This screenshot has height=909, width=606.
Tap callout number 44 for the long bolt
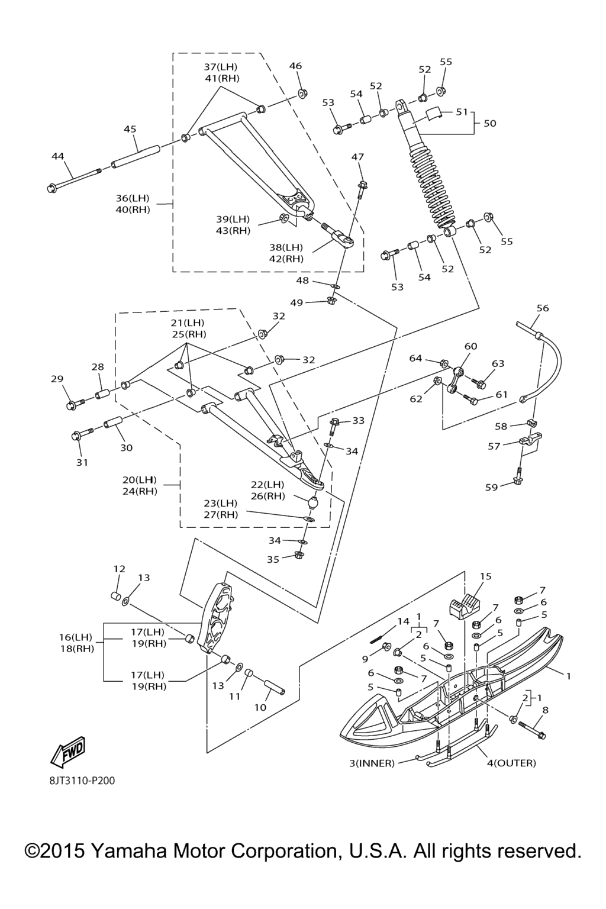click(x=57, y=156)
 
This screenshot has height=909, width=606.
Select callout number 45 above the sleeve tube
click(x=130, y=129)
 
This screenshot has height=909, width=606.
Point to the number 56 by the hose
click(x=542, y=308)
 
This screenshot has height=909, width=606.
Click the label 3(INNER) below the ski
click(x=372, y=763)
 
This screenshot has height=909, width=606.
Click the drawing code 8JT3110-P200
click(x=82, y=781)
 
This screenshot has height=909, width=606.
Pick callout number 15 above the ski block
click(x=485, y=576)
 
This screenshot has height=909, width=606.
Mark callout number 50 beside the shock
click(x=490, y=123)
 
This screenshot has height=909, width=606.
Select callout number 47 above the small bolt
click(x=357, y=157)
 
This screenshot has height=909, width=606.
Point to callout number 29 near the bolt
click(x=57, y=379)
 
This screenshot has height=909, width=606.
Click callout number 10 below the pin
click(x=260, y=707)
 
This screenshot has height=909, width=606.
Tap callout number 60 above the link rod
click(x=470, y=346)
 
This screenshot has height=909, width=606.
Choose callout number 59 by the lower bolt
click(x=491, y=488)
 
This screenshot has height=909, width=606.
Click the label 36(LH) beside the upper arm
click(x=133, y=198)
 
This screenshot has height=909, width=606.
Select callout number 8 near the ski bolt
click(x=545, y=709)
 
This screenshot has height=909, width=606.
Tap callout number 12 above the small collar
click(x=119, y=569)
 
